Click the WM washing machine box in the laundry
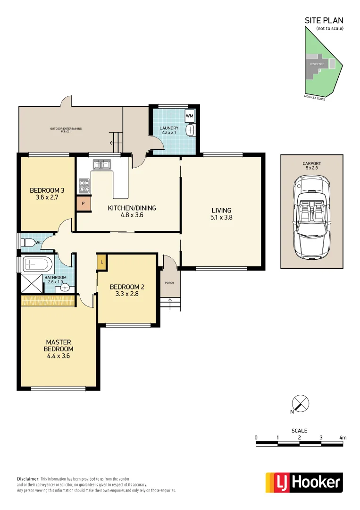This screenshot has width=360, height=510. click(x=190, y=116)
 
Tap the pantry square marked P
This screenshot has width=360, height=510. click(x=84, y=204)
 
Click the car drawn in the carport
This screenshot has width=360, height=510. click(x=311, y=217)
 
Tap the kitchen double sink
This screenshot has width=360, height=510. click(x=101, y=164)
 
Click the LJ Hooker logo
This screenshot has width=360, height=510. click(x=304, y=482)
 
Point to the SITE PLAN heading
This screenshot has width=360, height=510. click(x=324, y=20)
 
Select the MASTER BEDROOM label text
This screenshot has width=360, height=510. click(x=59, y=345)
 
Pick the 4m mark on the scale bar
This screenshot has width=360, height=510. click(x=343, y=438)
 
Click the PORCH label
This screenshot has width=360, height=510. click(x=169, y=283)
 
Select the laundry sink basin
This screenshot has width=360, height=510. click(x=190, y=130)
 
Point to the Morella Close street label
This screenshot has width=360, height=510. click(x=315, y=98)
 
